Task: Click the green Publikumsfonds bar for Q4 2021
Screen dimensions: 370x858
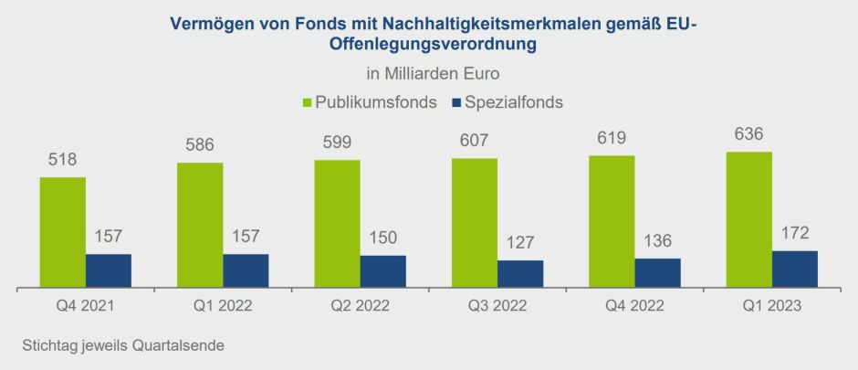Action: (x=62, y=232)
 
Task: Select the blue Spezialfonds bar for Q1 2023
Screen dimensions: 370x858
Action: (x=794, y=270)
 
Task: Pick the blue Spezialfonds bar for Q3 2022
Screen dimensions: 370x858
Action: (x=520, y=274)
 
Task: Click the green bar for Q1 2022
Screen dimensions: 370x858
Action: (x=200, y=225)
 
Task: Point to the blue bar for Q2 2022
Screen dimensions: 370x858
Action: (x=383, y=271)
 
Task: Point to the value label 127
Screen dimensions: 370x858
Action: (x=520, y=244)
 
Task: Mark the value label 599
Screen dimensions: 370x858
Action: (x=337, y=143)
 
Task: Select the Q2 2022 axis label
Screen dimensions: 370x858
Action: (x=360, y=306)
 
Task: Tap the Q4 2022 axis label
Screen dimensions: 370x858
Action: (x=634, y=306)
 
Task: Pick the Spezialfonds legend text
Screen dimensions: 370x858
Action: (x=513, y=102)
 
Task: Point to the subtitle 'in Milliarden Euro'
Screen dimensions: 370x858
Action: (x=428, y=72)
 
